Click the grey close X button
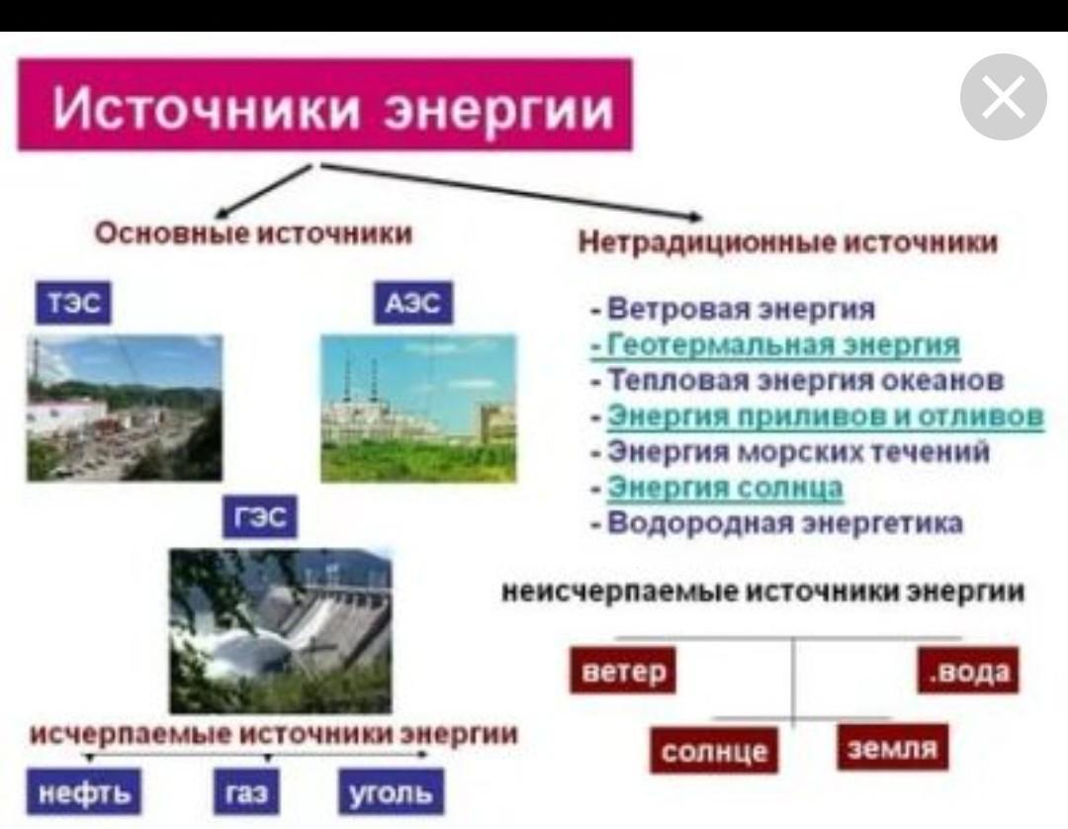pyautogui.click(x=1004, y=97)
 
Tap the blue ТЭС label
pyautogui.click(x=73, y=303)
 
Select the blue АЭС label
pyautogui.click(x=412, y=303)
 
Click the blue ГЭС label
pyautogui.click(x=260, y=517)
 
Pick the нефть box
pyautogui.click(x=84, y=791)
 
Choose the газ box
pyautogui.click(x=246, y=791)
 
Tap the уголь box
pyautogui.click(x=391, y=791)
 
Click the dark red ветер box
pyautogui.click(x=623, y=671)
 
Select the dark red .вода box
pyautogui.click(x=968, y=671)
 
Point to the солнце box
pyautogui.click(x=713, y=751)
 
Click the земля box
pyautogui.click(x=892, y=748)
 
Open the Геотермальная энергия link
pyautogui.click(x=783, y=343)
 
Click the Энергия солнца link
pyautogui.click(x=725, y=487)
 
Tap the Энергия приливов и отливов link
pyautogui.click(x=825, y=414)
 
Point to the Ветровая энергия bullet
pyautogui.click(x=734, y=309)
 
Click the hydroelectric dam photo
pyautogui.click(x=281, y=631)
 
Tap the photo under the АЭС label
pyautogui.click(x=419, y=408)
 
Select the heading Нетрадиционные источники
pyautogui.click(x=788, y=241)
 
